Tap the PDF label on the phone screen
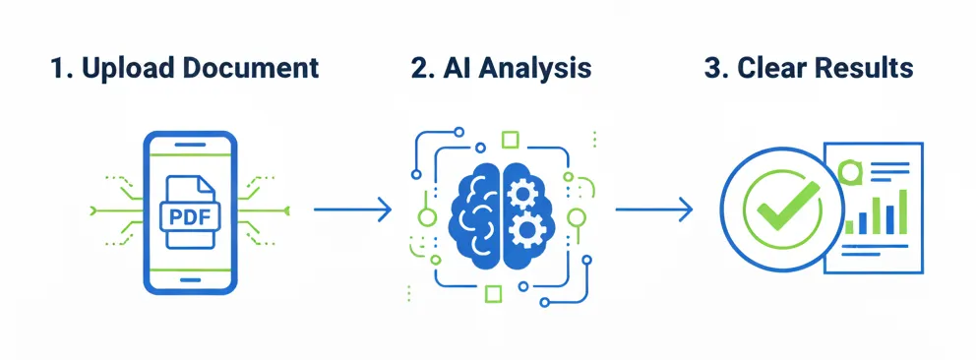(x=190, y=214)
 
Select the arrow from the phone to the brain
(x=351, y=209)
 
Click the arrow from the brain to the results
(x=653, y=209)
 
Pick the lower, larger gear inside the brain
(x=529, y=232)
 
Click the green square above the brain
(x=510, y=139)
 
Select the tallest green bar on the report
(x=900, y=210)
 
